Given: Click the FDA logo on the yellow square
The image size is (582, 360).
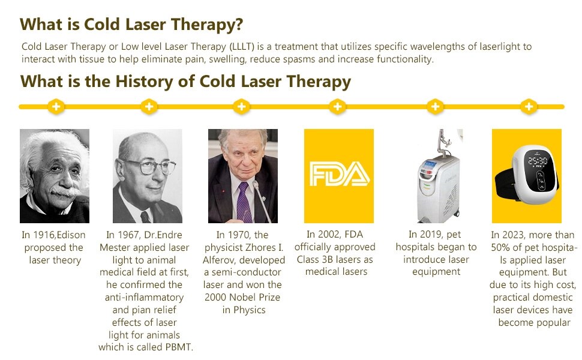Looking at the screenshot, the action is [339, 173].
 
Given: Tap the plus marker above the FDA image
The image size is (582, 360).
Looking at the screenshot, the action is [337, 107].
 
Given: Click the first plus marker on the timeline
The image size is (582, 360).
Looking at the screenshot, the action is [56, 107].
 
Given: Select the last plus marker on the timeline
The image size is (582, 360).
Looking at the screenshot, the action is [529, 107].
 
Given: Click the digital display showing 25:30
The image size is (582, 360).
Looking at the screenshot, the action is [538, 161].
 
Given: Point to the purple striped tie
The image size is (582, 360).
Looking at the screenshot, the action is [244, 203].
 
